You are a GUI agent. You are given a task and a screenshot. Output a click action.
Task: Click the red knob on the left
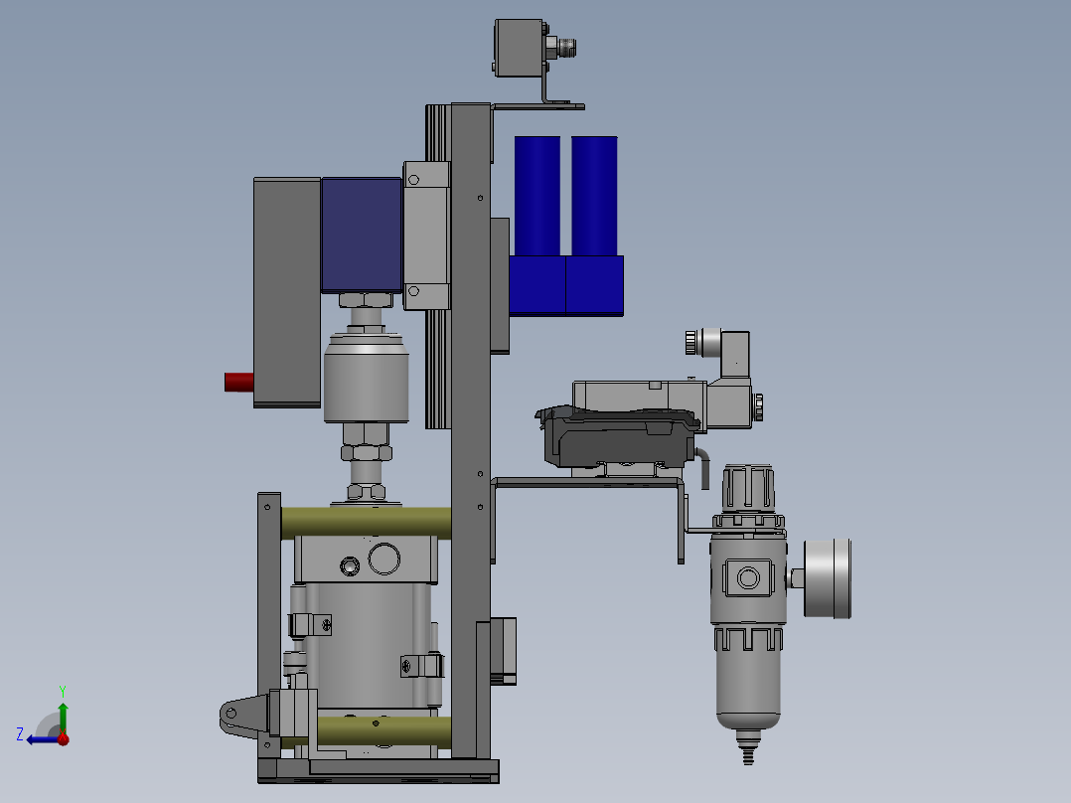click(238, 382)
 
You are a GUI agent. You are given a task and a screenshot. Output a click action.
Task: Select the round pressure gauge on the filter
click(828, 578)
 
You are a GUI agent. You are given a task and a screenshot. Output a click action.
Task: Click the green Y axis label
click(62, 689)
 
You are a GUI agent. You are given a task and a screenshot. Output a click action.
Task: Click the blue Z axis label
click(20, 733)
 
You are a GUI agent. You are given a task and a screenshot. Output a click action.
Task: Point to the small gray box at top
click(518, 48)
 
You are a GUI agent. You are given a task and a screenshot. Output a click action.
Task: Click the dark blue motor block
click(361, 235)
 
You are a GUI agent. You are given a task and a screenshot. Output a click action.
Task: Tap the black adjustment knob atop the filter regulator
click(748, 487)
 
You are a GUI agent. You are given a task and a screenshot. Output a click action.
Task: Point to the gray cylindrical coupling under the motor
click(367, 378)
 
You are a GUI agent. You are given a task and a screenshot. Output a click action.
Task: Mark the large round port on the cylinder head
click(383, 559)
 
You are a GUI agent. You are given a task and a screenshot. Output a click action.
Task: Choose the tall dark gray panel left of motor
click(287, 291)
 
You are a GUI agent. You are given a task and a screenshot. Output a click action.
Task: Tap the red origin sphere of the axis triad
click(63, 738)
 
